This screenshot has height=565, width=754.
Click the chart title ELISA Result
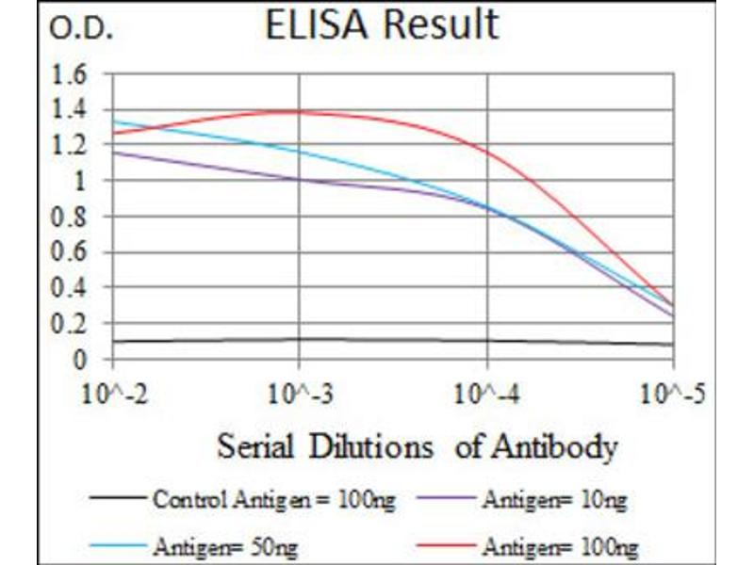pyautogui.click(x=381, y=24)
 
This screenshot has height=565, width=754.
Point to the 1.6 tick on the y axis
pyautogui.click(x=74, y=73)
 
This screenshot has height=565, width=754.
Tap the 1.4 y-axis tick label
pyautogui.click(x=74, y=109)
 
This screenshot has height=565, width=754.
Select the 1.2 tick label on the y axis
pyautogui.click(x=74, y=145)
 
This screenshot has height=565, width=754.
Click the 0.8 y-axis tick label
pyautogui.click(x=74, y=217)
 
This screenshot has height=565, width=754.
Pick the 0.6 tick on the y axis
pyautogui.click(x=74, y=252)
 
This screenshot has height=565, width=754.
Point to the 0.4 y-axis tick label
pyautogui.click(x=74, y=287)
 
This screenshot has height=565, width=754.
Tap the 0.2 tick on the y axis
pyautogui.click(x=74, y=323)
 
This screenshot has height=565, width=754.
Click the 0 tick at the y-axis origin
pyautogui.click(x=82, y=359)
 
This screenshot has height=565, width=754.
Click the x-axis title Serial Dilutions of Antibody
pyautogui.click(x=418, y=445)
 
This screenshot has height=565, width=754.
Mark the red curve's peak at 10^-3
pyautogui.click(x=299, y=111)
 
